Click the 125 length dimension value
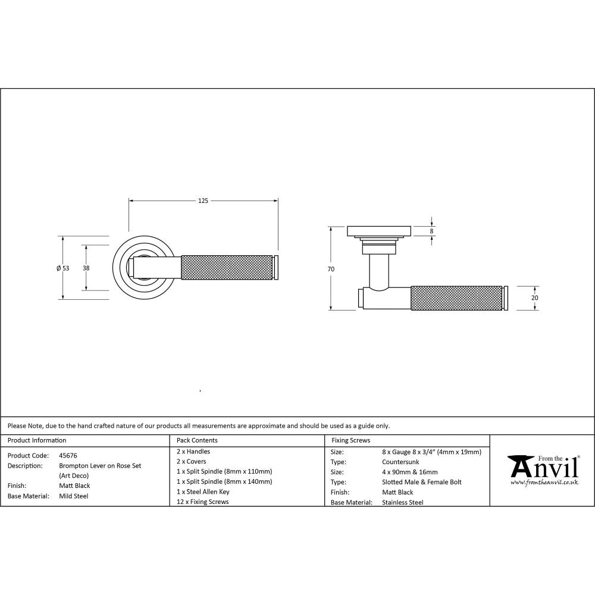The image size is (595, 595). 203,201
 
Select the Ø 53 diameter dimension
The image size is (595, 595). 62,268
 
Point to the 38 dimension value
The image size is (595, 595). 86,268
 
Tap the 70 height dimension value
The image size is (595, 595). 331,269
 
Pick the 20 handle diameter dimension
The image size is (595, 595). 534,297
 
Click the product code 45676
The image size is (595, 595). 68,455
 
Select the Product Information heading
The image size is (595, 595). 37,440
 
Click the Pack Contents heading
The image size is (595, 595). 197,440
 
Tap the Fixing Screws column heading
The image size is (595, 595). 350,440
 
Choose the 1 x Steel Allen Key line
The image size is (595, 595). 203,492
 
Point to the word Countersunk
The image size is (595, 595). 400,462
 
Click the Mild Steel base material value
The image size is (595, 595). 73,496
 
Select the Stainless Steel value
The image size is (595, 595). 402,502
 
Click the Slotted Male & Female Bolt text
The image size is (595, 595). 421,482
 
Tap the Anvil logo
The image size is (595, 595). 543,467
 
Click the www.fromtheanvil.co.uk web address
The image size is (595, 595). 544,483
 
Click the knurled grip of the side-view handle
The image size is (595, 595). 456,298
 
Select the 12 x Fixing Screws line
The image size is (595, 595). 202,502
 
